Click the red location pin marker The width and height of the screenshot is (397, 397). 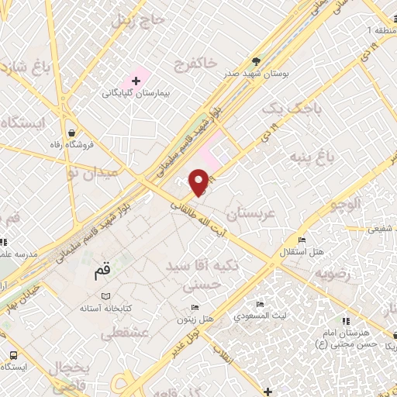pos(199,180)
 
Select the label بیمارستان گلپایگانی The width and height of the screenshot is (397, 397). pos(136,93)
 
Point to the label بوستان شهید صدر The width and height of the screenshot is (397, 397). pos(257,75)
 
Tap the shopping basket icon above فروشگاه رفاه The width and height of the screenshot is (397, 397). pos(72,133)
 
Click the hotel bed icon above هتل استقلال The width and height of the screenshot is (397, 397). pos(301,240)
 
